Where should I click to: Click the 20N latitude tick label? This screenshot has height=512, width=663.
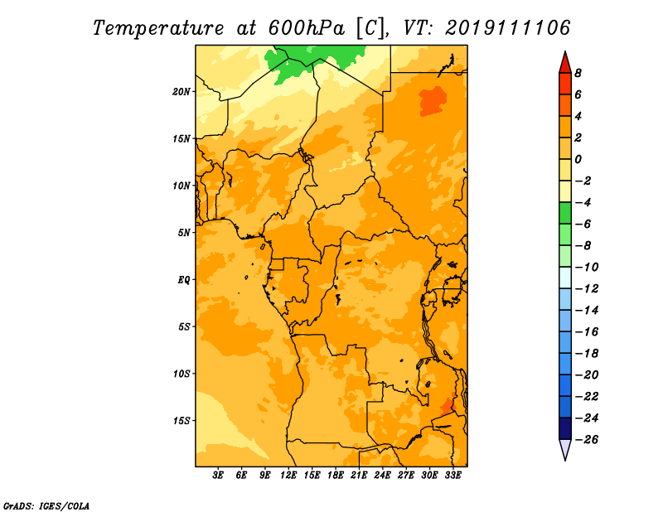[x=181, y=92]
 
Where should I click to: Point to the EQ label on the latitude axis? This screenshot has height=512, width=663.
[x=184, y=280]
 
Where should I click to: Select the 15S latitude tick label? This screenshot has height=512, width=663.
[x=181, y=421]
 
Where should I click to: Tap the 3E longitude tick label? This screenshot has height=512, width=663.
[x=218, y=475]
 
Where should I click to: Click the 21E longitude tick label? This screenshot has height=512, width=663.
[x=359, y=475]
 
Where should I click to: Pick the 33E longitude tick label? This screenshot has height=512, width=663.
[x=452, y=475]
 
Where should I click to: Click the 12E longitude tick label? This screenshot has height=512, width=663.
[x=288, y=475]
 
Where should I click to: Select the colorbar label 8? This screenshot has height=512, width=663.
[x=578, y=73]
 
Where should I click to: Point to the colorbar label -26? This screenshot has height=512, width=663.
[x=587, y=440]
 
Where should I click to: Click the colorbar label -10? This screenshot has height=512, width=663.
[x=587, y=268]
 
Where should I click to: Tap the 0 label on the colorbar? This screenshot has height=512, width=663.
[x=578, y=159]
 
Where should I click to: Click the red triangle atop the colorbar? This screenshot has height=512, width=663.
[x=565, y=63]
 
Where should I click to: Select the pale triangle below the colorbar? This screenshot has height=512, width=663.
[x=565, y=449]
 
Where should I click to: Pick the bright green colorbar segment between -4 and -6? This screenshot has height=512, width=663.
[x=565, y=213]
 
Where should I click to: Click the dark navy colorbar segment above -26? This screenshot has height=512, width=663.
[x=565, y=428]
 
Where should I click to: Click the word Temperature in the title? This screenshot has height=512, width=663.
[x=158, y=28]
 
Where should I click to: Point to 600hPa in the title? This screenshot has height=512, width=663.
[x=306, y=28]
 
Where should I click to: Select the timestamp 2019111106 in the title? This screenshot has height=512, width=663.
[x=507, y=28]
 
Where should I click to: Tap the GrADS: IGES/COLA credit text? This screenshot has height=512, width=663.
[x=46, y=505]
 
